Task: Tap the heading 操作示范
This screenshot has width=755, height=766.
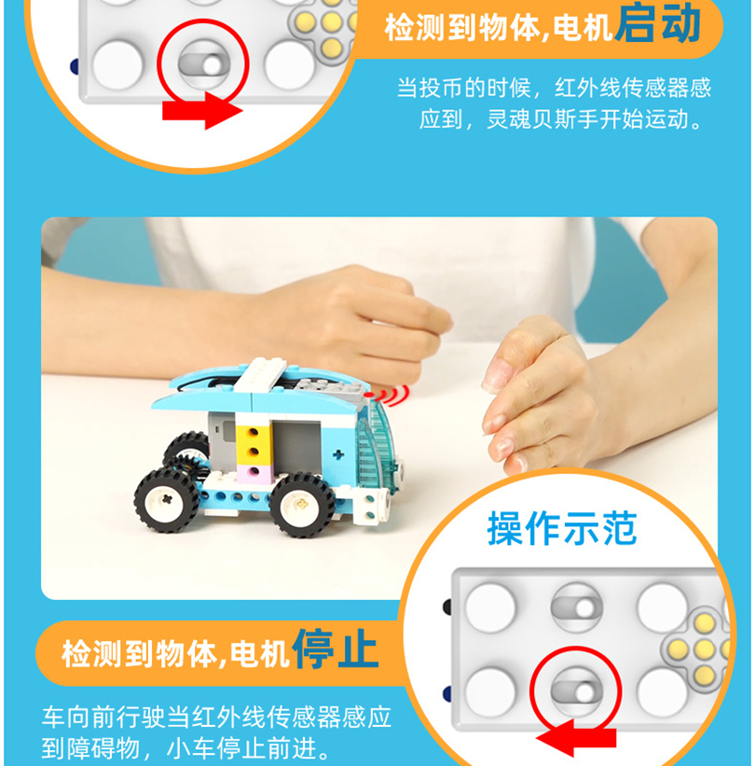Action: pos(562,529)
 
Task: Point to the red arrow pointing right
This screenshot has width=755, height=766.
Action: pos(201,111)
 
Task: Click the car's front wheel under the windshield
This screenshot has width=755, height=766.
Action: pos(303,503)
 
